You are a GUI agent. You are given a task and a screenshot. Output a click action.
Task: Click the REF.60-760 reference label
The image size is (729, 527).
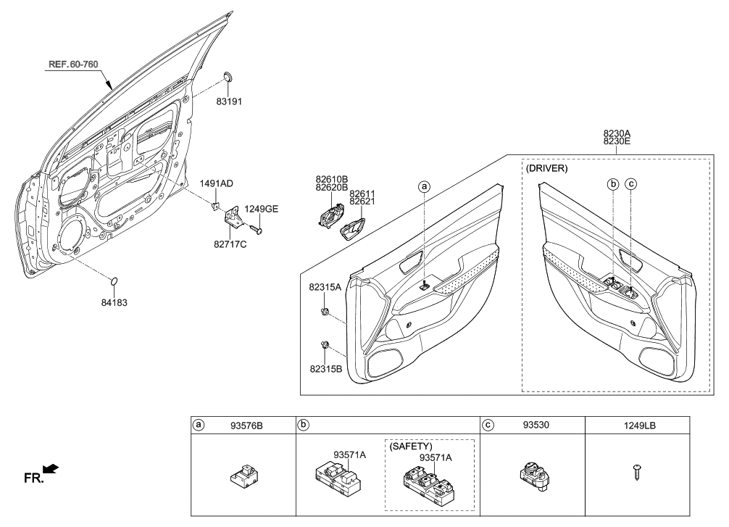click(x=72, y=65)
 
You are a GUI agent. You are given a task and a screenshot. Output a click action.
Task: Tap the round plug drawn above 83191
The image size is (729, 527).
click(x=228, y=78)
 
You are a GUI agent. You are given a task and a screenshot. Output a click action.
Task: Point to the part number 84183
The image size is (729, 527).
click(x=114, y=302)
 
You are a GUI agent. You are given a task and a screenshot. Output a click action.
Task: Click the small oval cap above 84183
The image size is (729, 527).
click(x=114, y=281)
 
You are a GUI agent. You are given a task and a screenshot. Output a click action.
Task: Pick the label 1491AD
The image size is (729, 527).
click(x=217, y=184)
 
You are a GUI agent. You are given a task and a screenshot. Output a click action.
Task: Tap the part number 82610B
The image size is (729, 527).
click(x=331, y=178)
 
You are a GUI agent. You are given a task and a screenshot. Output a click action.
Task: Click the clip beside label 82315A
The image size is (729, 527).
click(x=325, y=312)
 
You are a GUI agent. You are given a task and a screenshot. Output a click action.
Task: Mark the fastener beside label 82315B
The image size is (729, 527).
click(x=325, y=344)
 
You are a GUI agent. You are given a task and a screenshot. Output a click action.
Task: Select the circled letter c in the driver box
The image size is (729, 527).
click(x=630, y=184)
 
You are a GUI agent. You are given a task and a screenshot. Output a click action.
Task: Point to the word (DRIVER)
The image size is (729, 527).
click(x=548, y=168)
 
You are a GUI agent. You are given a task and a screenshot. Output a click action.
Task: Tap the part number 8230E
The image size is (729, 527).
click(x=617, y=143)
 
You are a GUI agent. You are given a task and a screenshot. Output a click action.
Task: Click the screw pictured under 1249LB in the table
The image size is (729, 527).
click(x=637, y=471)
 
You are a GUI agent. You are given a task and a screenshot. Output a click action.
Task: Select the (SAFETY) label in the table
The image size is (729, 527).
click(x=411, y=447)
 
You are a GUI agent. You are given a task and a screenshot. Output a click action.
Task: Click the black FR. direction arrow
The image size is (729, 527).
click(x=50, y=471)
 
